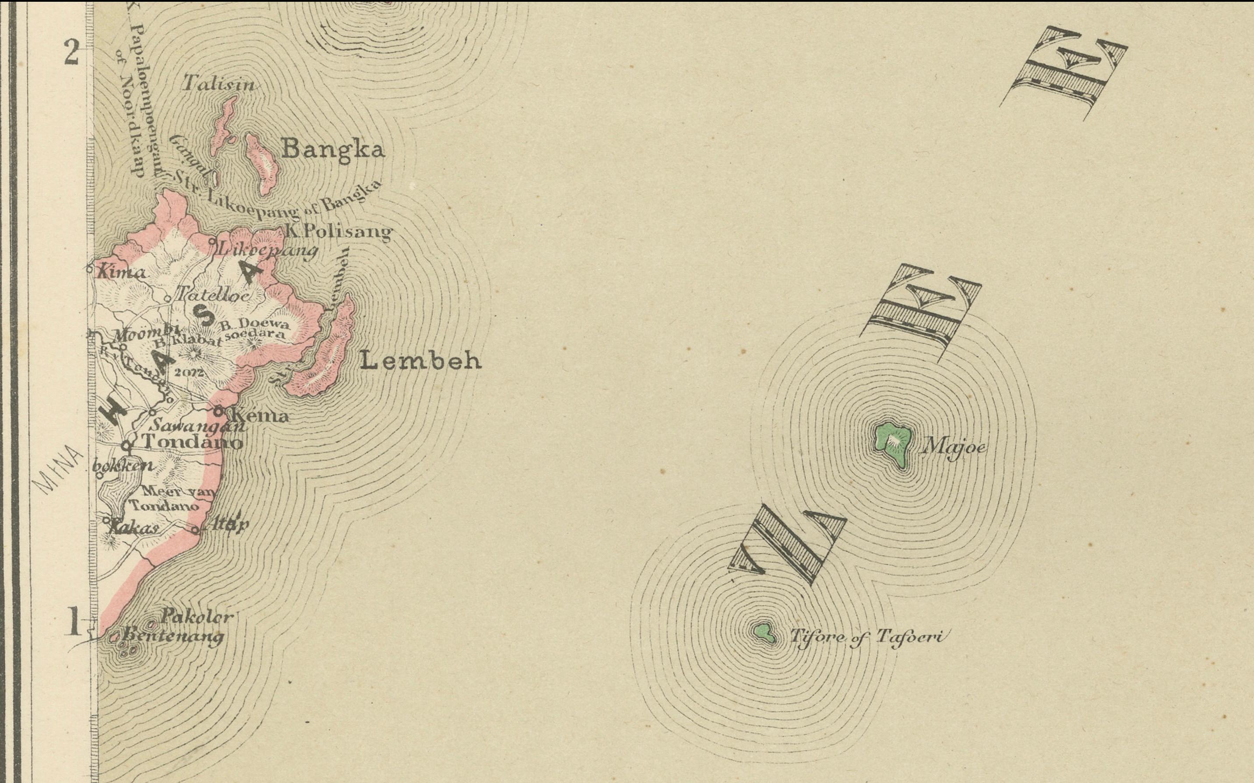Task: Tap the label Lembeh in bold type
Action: pyautogui.click(x=420, y=361)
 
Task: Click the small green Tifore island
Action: pyautogui.click(x=763, y=632)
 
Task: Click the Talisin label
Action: pyautogui.click(x=219, y=84)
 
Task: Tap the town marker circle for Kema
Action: pyautogui.click(x=218, y=411)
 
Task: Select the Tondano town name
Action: pyautogui.click(x=192, y=442)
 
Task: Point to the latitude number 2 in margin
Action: pyautogui.click(x=71, y=53)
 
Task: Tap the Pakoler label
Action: pyautogui.click(x=197, y=617)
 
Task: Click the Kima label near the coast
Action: pyautogui.click(x=121, y=273)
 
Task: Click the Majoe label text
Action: pyautogui.click(x=952, y=446)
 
